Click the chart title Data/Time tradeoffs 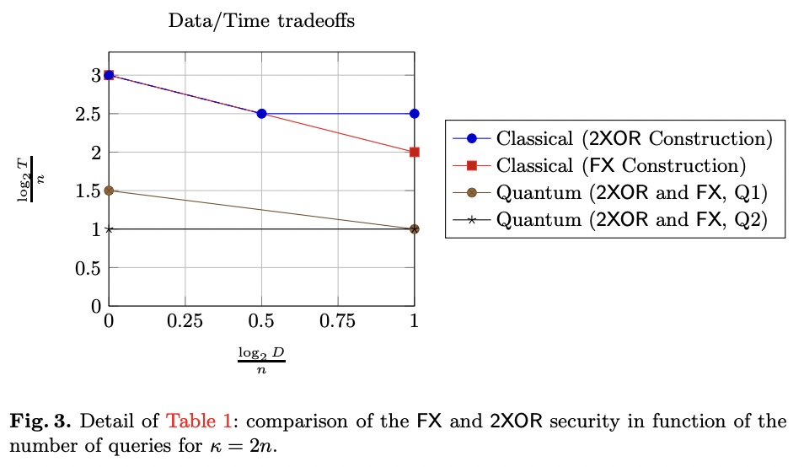pyautogui.click(x=261, y=21)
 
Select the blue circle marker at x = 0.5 pyautogui.click(x=261, y=114)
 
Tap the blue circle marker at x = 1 pyautogui.click(x=414, y=114)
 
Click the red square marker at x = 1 pyautogui.click(x=414, y=153)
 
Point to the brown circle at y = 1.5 pyautogui.click(x=109, y=191)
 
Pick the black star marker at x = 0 pyautogui.click(x=109, y=229)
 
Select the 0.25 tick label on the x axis pyautogui.click(x=185, y=321)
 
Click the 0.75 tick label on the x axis pyautogui.click(x=337, y=321)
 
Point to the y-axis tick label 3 pyautogui.click(x=97, y=75)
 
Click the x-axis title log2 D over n pyautogui.click(x=261, y=357)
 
